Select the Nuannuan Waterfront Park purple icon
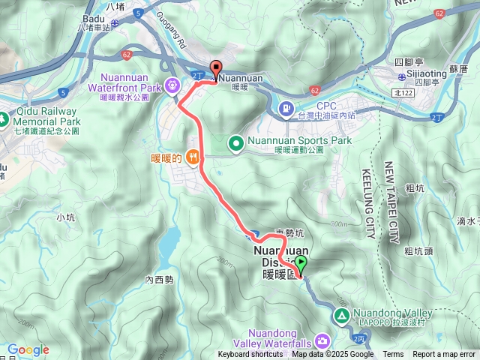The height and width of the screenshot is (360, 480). [x=173, y=85]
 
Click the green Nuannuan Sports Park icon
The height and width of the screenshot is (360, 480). [x=235, y=141]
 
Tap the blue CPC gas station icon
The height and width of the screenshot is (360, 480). [x=286, y=109]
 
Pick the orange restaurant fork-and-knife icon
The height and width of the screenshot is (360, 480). [x=193, y=157]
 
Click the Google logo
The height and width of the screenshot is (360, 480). [x=28, y=349]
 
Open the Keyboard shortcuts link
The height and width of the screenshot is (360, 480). [x=250, y=355]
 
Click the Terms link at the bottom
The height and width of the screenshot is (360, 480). [x=393, y=355]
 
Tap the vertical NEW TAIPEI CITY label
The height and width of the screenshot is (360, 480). [x=389, y=202]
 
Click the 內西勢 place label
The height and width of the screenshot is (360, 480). [x=159, y=280]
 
